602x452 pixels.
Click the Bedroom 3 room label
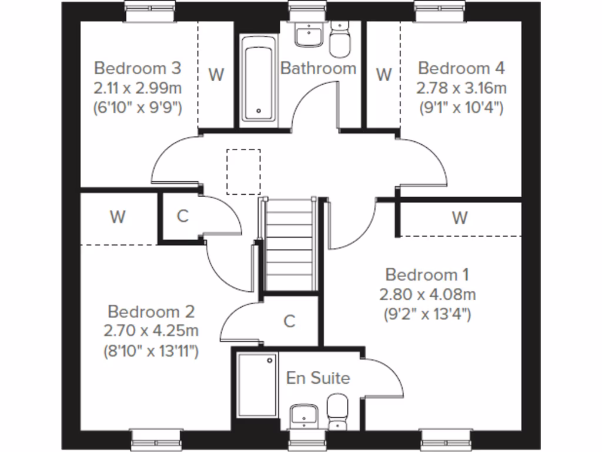point(138,68)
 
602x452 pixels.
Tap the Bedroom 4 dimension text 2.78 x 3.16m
point(461,88)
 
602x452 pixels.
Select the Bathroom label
point(318,68)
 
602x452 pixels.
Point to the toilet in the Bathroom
point(339,38)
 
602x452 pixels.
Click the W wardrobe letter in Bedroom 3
point(216,75)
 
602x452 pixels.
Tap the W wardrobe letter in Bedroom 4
point(383,75)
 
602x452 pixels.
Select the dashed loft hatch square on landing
point(243,171)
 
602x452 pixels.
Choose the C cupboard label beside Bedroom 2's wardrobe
point(182,217)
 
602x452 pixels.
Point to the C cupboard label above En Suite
point(289,321)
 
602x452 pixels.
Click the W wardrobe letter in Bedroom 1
point(460,218)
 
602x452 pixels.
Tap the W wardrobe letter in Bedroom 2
point(118,217)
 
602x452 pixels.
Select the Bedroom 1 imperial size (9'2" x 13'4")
point(427,314)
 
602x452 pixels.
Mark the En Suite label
point(318,378)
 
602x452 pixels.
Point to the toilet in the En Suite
point(337,412)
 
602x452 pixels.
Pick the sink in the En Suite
point(306,416)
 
